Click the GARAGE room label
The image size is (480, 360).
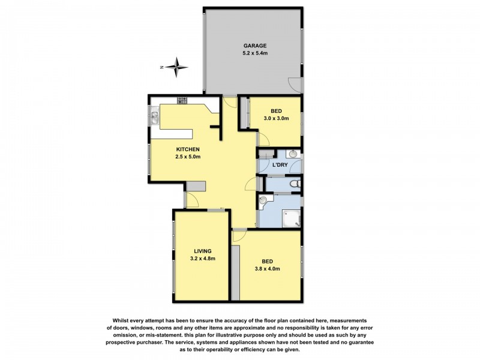click(254, 46)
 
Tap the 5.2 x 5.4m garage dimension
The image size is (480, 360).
click(254, 54)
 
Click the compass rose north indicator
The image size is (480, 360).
click(176, 67)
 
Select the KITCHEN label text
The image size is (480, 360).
click(187, 149)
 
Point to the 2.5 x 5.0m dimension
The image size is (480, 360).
click(187, 157)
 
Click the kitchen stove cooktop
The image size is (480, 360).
click(182, 100)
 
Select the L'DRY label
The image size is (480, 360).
click(280, 164)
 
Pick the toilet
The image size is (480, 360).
click(291, 184)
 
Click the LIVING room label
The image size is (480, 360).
click(202, 251)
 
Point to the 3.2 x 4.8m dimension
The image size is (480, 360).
click(202, 259)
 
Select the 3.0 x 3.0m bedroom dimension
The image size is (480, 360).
click(276, 119)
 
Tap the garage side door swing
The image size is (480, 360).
click(295, 85)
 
